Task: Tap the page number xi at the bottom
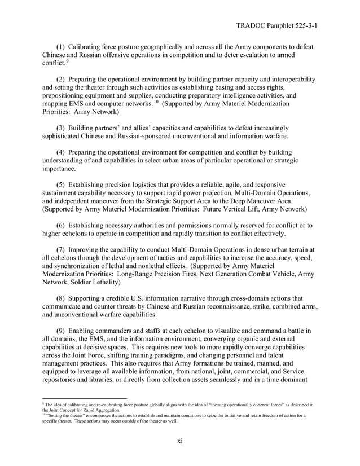[x=179, y=442]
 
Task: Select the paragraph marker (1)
[x=64, y=45]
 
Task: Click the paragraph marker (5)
[x=64, y=183]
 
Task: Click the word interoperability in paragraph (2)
[x=287, y=80]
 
